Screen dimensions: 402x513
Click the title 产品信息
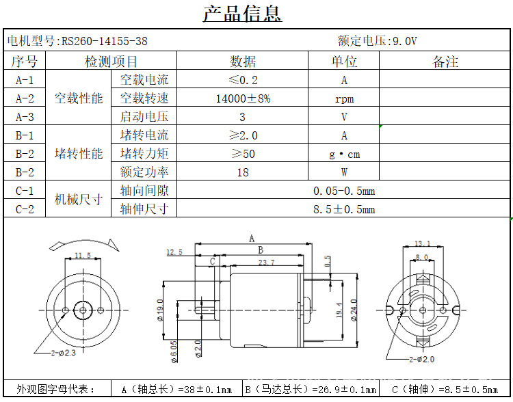[x=242, y=14]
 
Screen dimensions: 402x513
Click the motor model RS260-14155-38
[x=105, y=41]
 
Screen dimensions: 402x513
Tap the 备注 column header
[x=445, y=62]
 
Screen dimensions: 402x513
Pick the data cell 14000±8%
[x=242, y=98]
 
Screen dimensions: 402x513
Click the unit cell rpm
[x=344, y=98]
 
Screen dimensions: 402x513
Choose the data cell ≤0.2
[x=243, y=80]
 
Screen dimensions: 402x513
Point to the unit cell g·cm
[x=344, y=154]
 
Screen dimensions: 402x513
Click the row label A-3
[x=25, y=117]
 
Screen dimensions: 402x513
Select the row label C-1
[x=25, y=191]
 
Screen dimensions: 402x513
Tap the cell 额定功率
[x=144, y=172]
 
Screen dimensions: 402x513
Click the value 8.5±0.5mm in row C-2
[x=344, y=209]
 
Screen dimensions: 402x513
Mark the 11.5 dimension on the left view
[x=82, y=255]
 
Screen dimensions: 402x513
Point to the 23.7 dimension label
[x=266, y=262]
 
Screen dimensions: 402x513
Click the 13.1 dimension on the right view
[x=422, y=243]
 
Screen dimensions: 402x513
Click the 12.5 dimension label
[x=174, y=252]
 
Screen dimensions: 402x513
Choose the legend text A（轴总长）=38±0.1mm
[x=176, y=390]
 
